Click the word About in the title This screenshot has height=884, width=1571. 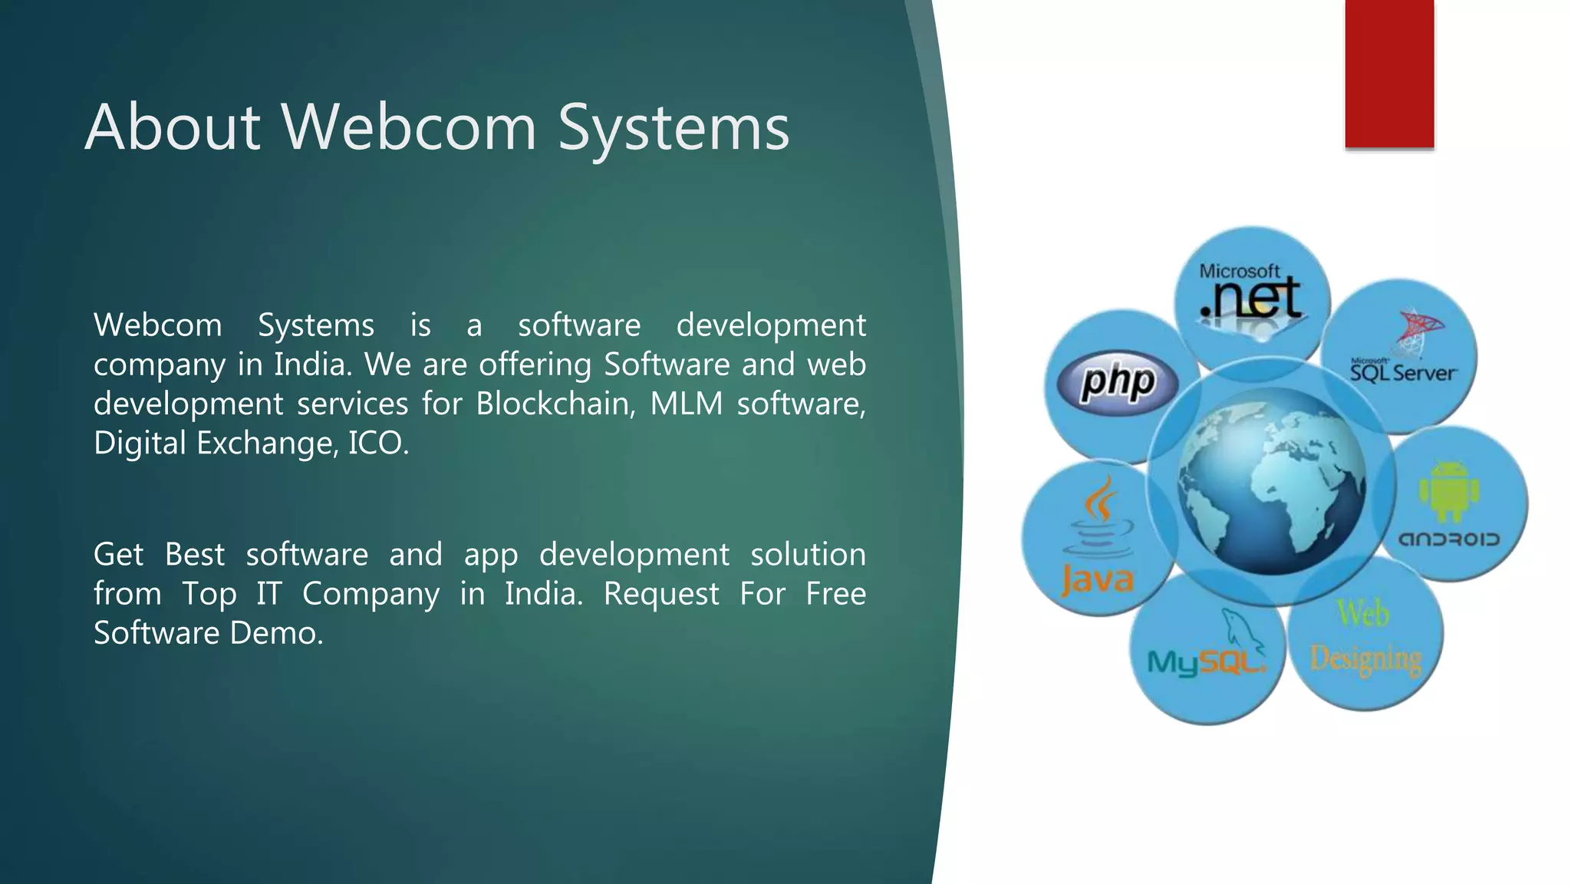[x=173, y=127]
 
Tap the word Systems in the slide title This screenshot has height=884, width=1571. [x=673, y=128]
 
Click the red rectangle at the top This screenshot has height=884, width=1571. [x=1389, y=74]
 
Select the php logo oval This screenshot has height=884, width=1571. [x=1117, y=382]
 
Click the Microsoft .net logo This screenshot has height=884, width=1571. [x=1251, y=295]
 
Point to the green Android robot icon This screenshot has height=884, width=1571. [x=1448, y=492]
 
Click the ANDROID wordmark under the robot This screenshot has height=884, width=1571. [x=1449, y=539]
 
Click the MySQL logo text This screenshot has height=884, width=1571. [x=1205, y=662]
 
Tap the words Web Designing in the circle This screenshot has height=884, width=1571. [x=1365, y=636]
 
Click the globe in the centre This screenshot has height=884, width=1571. [x=1271, y=481]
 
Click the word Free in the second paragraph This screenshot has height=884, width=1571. [x=835, y=594]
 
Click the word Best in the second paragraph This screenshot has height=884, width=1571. [x=195, y=555]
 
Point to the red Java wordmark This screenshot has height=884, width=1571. [x=1098, y=580]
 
